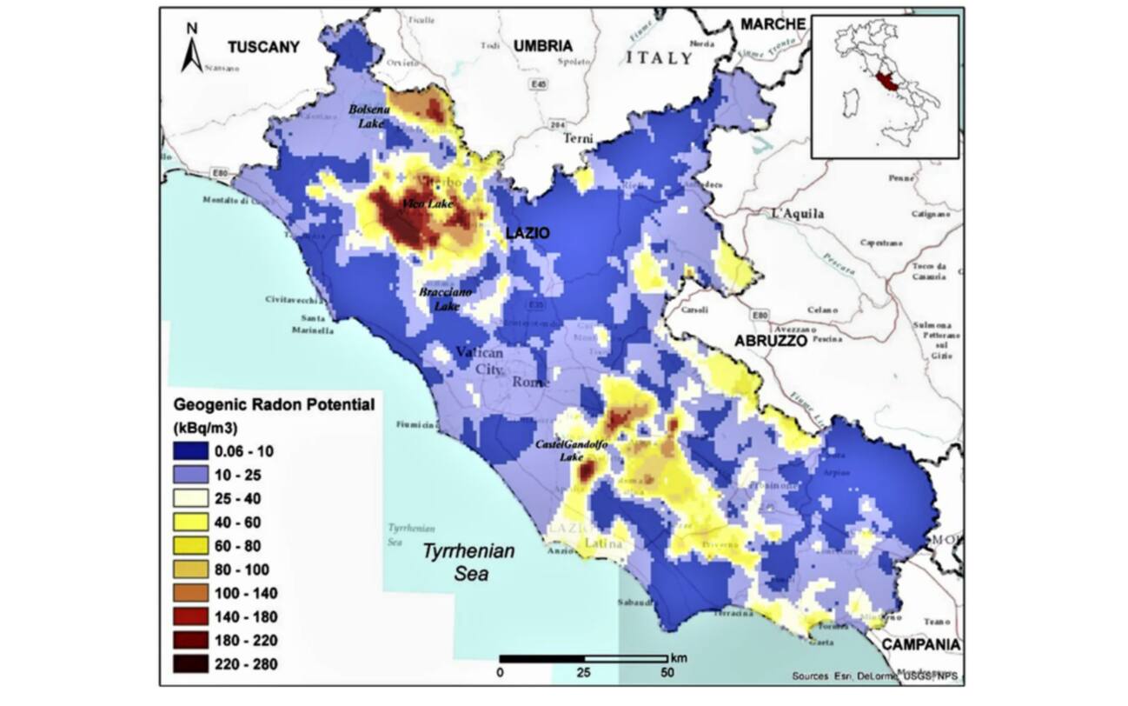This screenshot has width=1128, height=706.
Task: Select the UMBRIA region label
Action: point(543,45)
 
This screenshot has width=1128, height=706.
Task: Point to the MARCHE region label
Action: point(773,24)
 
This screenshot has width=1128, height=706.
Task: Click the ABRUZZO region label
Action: point(771,341)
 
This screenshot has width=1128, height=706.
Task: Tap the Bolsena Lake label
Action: point(367,117)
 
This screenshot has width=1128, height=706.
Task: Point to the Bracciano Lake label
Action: point(446,300)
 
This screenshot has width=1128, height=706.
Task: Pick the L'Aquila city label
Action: point(798,213)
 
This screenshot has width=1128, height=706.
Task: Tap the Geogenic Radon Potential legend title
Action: point(274,404)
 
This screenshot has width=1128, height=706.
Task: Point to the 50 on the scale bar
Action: point(668,673)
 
